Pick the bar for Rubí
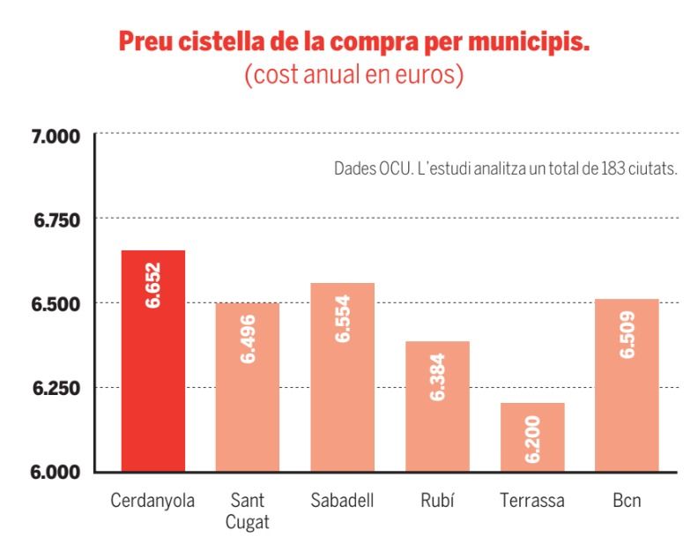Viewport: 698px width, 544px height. (x=437, y=406)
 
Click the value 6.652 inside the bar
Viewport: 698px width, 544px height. (x=153, y=286)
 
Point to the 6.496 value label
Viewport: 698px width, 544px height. (x=248, y=339)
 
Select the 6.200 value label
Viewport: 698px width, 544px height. (x=532, y=438)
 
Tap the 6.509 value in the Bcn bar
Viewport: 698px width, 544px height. (x=627, y=334)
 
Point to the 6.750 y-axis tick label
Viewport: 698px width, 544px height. (x=56, y=220)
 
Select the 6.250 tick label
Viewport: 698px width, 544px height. (x=56, y=388)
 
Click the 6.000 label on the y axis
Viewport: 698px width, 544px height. (x=56, y=472)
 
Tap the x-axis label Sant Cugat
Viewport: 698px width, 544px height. (x=248, y=510)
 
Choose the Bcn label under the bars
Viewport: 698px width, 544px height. (x=627, y=501)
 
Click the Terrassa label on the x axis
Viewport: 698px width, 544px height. (x=532, y=501)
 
